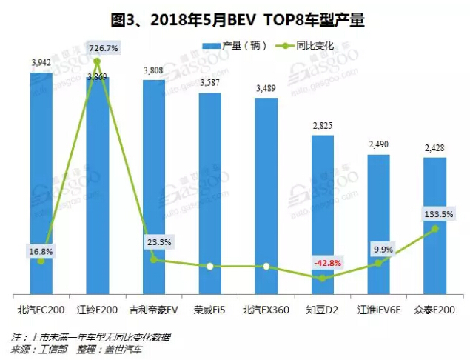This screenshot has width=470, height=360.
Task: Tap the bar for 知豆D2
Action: click(x=322, y=215)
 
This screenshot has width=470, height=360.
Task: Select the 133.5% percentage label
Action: click(x=435, y=214)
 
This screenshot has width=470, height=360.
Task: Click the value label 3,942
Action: click(x=41, y=64)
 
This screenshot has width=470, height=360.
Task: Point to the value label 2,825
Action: click(x=322, y=126)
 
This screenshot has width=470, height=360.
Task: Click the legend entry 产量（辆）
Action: click(x=229, y=45)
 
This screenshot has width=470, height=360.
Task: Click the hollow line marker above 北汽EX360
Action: click(x=266, y=266)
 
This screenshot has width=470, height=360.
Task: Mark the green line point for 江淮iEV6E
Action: click(x=378, y=263)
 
